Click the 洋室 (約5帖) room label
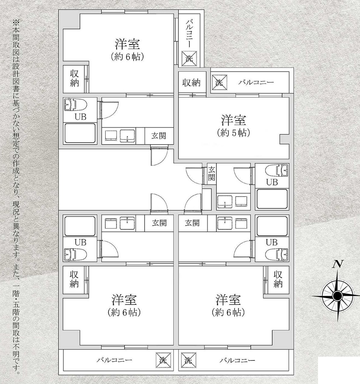pyautogui.click(x=233, y=126)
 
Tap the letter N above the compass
pyautogui.click(x=338, y=264)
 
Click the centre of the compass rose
pyautogui.click(x=338, y=296)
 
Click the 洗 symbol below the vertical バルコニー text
pyautogui.click(x=189, y=59)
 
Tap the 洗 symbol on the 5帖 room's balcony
pyautogui.click(x=219, y=82)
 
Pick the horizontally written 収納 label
pyautogui.click(x=191, y=83)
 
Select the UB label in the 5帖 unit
pyautogui.click(x=272, y=182)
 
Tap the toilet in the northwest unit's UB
pyautogui.click(x=75, y=105)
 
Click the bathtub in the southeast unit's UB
pyautogui.click(x=272, y=226)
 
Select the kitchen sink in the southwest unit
pyautogui.click(x=128, y=223)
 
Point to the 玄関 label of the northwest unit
pyautogui.click(x=159, y=136)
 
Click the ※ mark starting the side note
pyautogui.click(x=16, y=23)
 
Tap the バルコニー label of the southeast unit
pyautogui.click(x=237, y=360)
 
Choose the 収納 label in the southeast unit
pyautogui.click(x=278, y=279)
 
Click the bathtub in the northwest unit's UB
pyautogui.click(x=80, y=133)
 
